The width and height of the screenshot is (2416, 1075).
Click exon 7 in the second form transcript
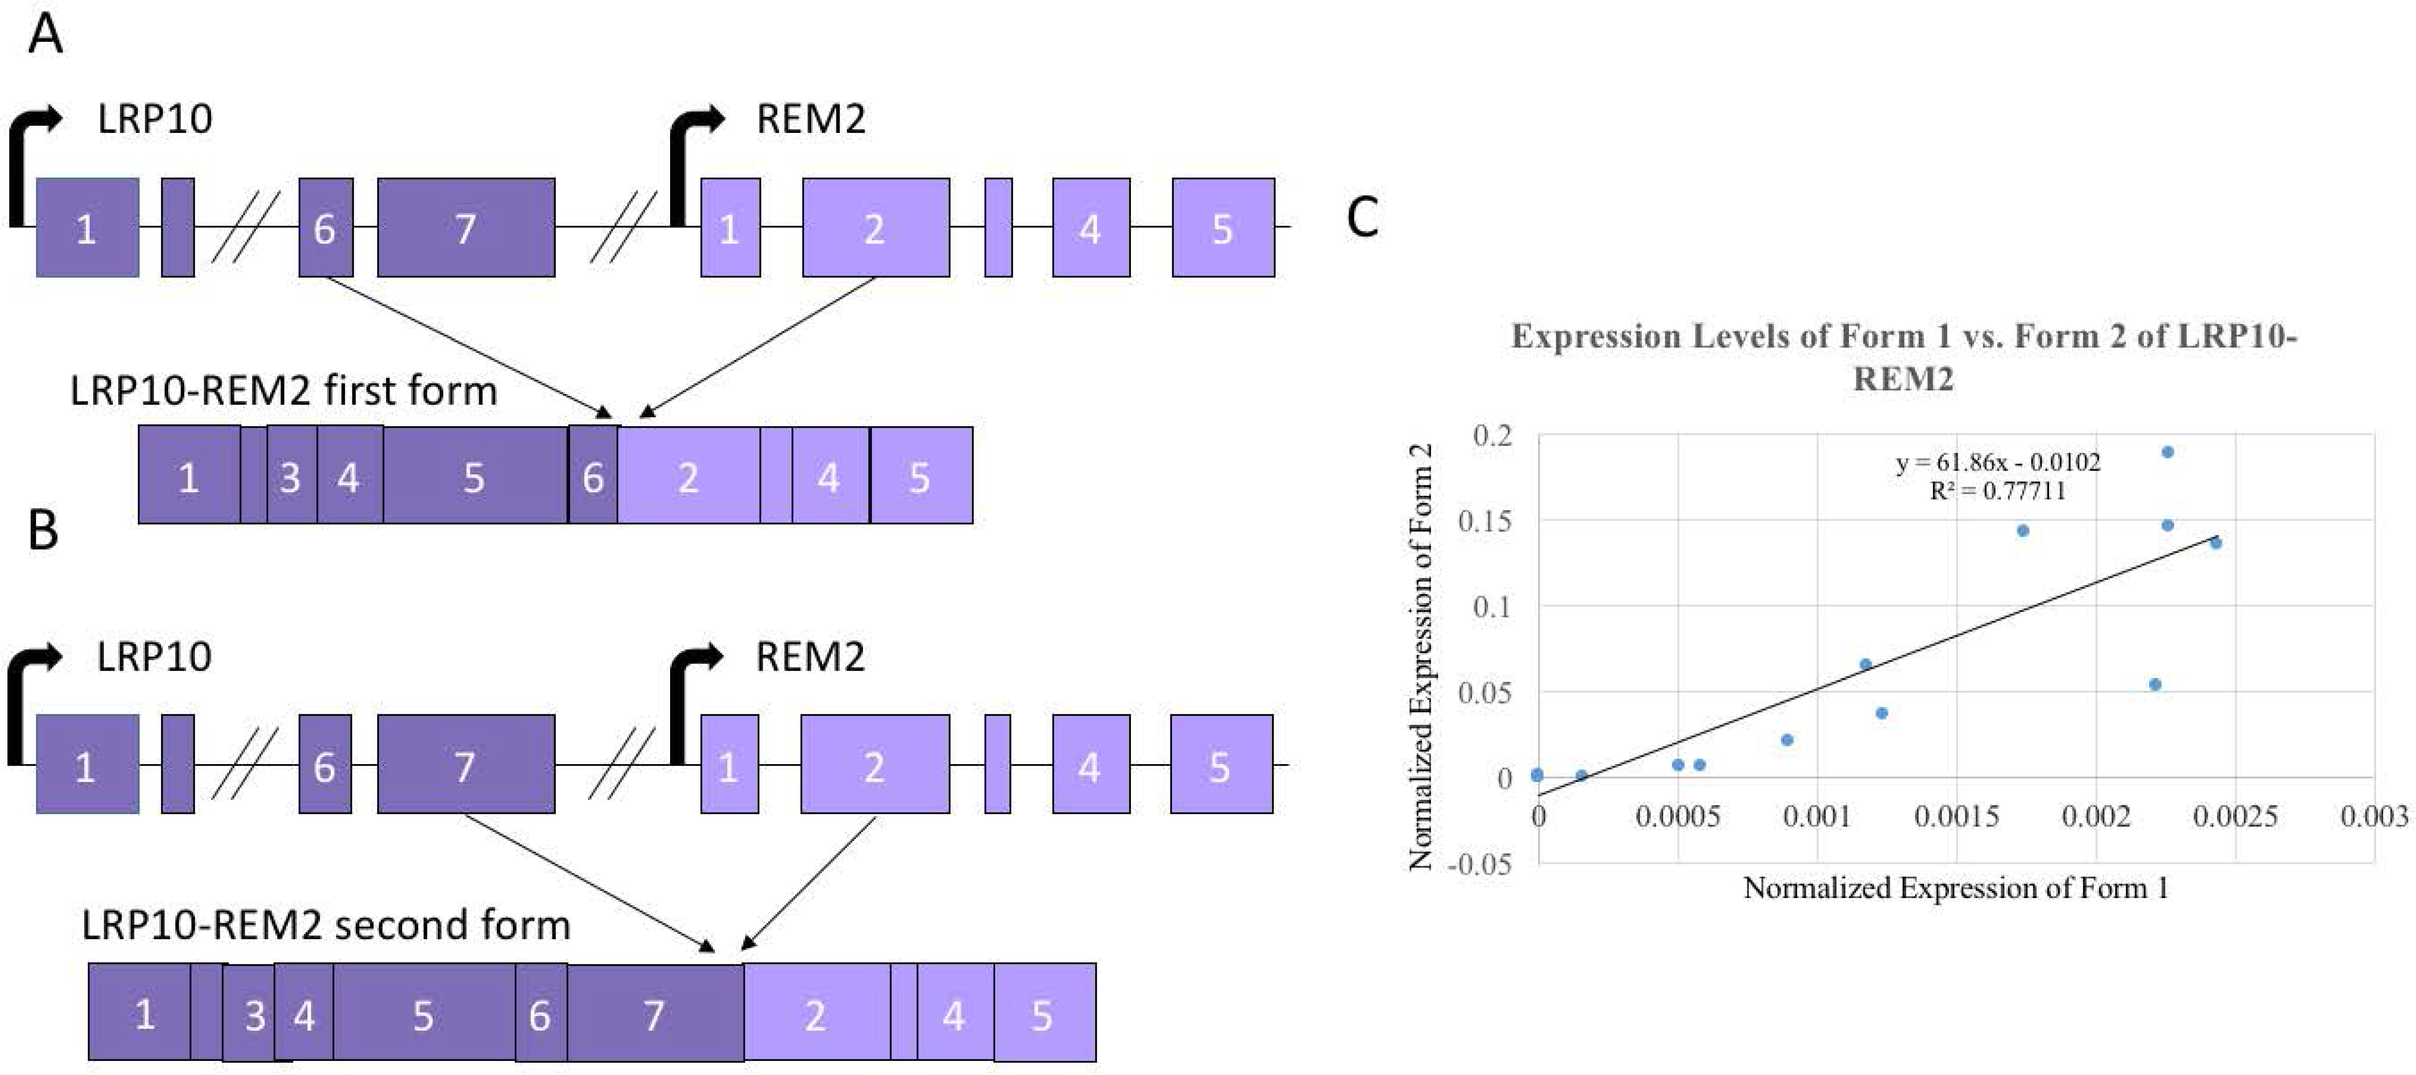[x=655, y=1014]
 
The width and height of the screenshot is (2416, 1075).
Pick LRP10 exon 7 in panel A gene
[x=466, y=228]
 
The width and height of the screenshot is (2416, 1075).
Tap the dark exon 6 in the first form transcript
[x=593, y=475]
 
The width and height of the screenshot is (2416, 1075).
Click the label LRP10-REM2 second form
[x=325, y=925]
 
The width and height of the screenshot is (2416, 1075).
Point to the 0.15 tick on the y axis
[x=1491, y=520]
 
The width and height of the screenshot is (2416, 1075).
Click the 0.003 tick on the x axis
[x=2373, y=816]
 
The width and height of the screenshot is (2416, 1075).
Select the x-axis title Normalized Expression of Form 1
[x=1956, y=887]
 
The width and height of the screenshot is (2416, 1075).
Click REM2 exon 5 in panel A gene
[x=1223, y=228]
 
